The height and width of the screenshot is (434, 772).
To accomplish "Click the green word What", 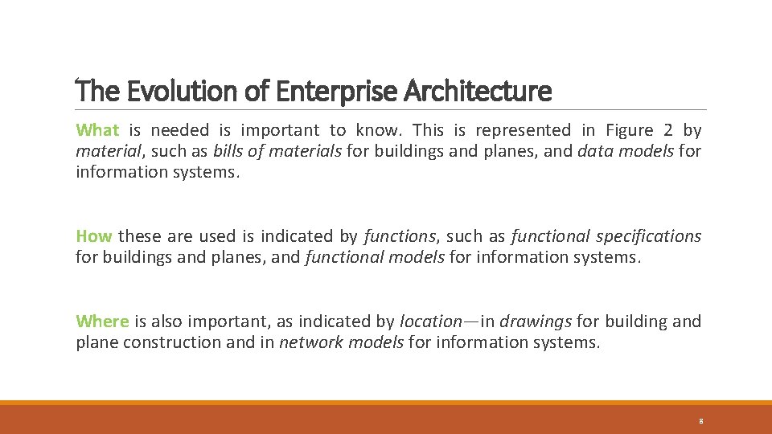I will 97,130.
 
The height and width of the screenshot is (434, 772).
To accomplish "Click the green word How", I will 93,236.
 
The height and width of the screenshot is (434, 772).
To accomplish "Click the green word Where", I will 102,321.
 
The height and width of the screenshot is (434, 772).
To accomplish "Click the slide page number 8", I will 701,421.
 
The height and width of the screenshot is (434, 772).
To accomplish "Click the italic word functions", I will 400,236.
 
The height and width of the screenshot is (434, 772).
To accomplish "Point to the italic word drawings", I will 536,321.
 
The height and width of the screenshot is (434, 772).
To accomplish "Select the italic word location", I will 430,321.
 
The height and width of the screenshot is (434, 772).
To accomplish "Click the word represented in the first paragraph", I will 524,130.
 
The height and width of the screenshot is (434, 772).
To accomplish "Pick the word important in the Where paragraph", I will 228,321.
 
